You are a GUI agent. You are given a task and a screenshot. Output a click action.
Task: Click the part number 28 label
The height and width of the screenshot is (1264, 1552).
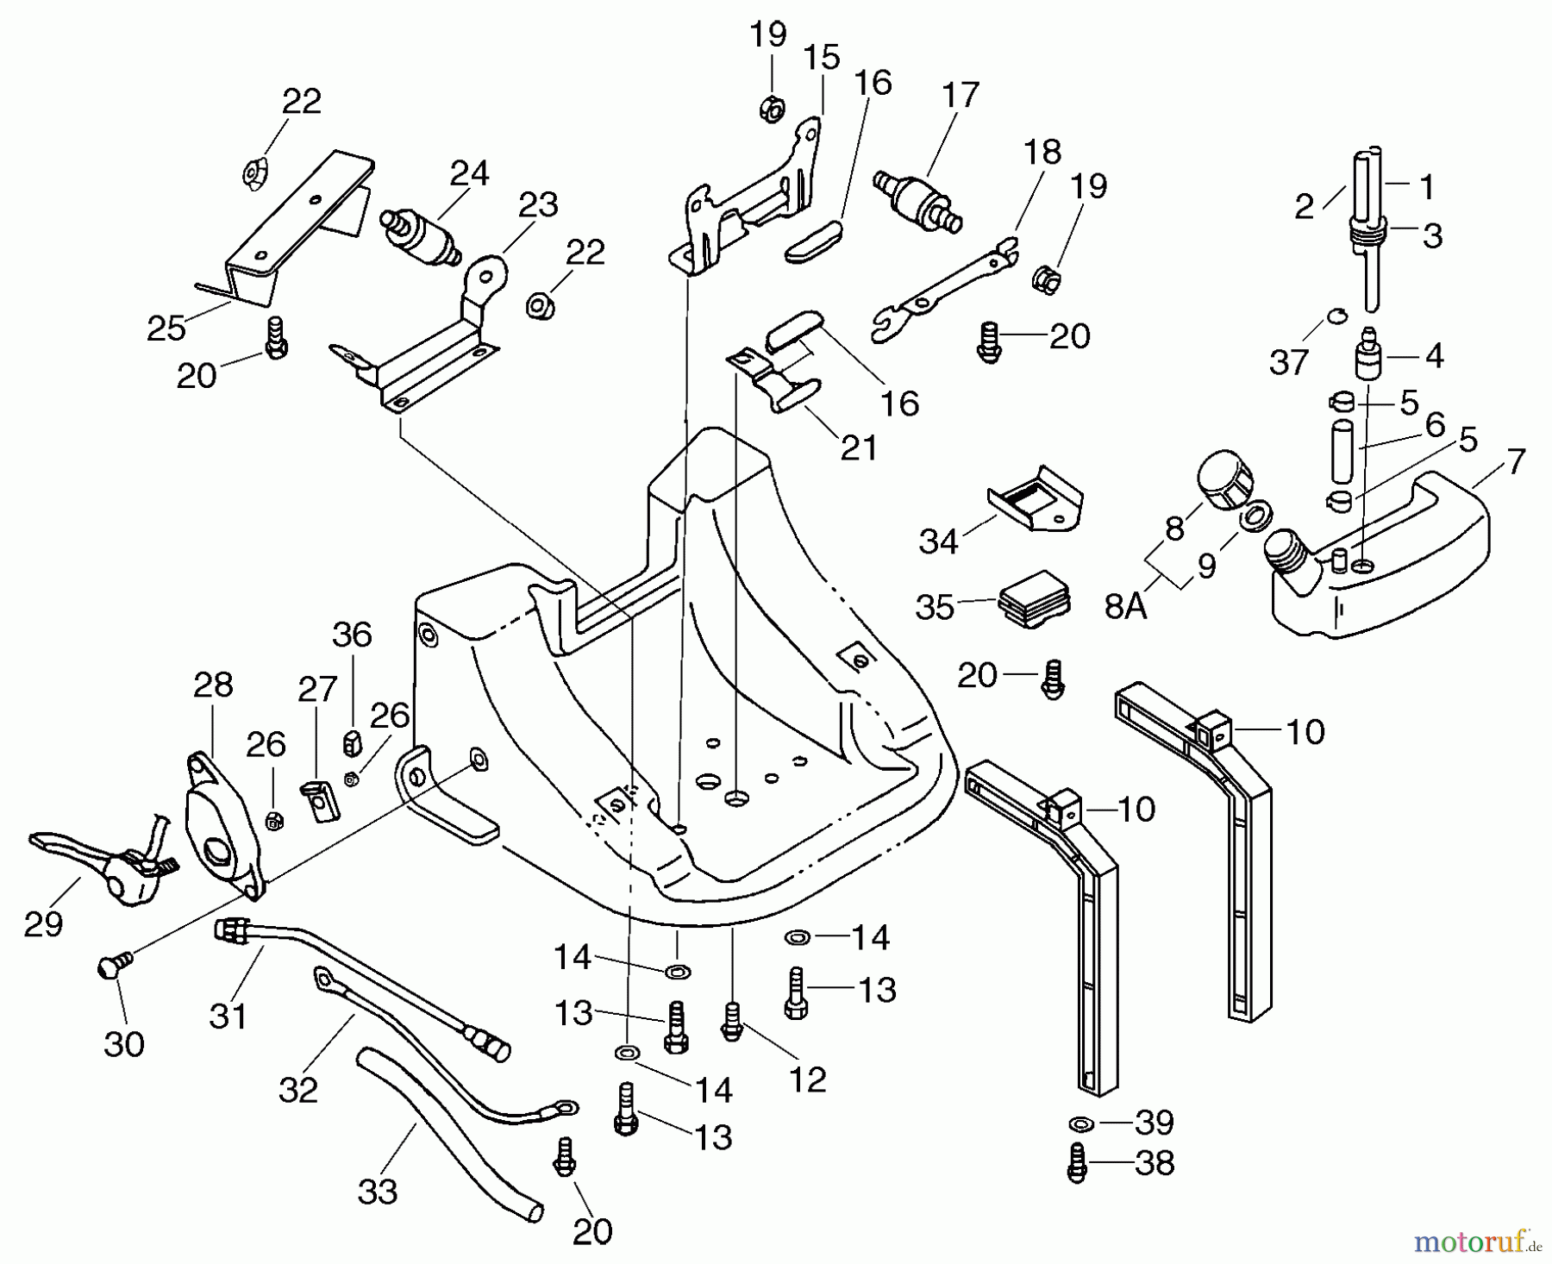click(213, 685)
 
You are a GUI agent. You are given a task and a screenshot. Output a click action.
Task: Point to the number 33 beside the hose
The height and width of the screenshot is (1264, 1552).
click(378, 1192)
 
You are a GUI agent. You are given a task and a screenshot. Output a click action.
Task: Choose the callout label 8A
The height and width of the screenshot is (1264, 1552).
click(1126, 608)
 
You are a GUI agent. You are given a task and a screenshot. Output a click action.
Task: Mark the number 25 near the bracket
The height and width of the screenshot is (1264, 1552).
click(166, 328)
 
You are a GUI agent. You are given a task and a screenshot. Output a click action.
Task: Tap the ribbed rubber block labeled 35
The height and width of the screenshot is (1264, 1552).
click(1036, 596)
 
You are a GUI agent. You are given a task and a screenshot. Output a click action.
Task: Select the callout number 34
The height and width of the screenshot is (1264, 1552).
click(938, 541)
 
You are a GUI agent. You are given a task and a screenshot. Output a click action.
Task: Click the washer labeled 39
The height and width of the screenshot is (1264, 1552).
click(1078, 1123)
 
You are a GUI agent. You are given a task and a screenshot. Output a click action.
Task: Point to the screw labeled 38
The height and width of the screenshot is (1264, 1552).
click(1077, 1162)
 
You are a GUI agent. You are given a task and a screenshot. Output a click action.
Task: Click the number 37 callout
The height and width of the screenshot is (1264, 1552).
click(1289, 362)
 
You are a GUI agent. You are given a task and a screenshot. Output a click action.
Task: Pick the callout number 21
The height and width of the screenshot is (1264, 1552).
click(858, 447)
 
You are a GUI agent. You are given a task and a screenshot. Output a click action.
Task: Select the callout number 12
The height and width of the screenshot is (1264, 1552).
click(807, 1079)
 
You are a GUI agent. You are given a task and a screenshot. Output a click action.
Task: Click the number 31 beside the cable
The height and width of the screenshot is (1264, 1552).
click(228, 1016)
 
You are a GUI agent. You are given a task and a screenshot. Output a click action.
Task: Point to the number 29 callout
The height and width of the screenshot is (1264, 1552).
click(43, 924)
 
